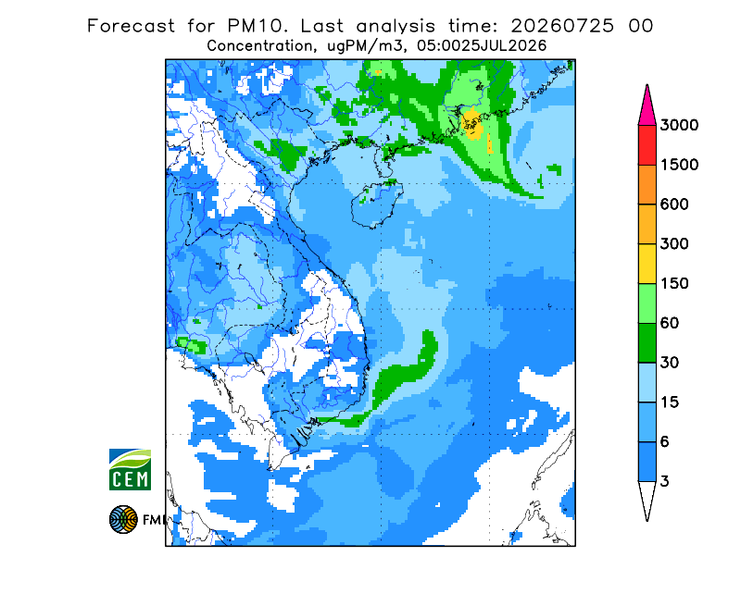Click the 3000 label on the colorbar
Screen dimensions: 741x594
tap(679, 125)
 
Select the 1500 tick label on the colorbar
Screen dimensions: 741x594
tap(679, 165)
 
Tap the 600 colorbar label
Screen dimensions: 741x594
tap(674, 204)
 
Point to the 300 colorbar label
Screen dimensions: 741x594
tap(674, 244)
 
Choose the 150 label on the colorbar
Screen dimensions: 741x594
tap(674, 284)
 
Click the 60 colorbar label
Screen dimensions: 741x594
tap(670, 324)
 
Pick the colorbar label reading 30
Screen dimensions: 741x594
tap(670, 363)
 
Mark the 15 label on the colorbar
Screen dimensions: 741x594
tap(670, 402)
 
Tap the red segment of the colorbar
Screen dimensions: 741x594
tap(647, 145)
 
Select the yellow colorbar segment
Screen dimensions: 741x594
tap(647, 264)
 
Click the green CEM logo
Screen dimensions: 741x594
tap(130, 469)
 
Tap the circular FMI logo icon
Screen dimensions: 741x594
tap(123, 519)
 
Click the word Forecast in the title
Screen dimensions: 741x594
tap(131, 26)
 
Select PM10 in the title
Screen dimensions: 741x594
tap(256, 26)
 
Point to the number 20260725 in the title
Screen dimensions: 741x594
tap(562, 26)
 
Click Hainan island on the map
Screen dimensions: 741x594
tap(377, 204)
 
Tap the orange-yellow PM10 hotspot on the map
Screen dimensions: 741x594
tap(473, 124)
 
